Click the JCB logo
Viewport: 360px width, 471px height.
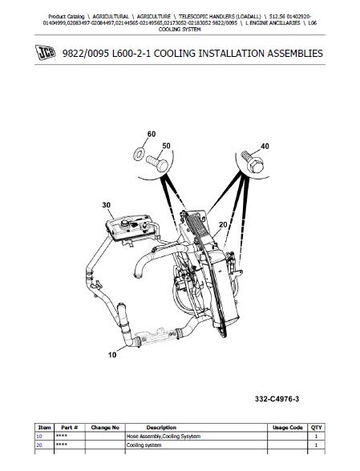click(46, 53)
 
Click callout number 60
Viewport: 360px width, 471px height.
click(152, 134)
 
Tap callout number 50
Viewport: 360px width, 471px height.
click(166, 146)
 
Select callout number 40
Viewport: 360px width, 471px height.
click(265, 147)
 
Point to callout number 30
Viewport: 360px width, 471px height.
click(106, 205)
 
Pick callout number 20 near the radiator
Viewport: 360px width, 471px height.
click(223, 224)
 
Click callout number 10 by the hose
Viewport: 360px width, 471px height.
click(112, 355)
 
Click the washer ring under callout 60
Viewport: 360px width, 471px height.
click(139, 155)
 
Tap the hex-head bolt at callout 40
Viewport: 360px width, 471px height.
click(253, 162)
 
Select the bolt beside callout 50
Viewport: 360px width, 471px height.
click(157, 163)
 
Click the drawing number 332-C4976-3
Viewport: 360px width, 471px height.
click(277, 399)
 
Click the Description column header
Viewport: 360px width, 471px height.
click(161, 428)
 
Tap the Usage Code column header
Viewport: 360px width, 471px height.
click(288, 428)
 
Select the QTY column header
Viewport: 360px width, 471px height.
click(317, 428)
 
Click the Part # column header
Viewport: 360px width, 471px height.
click(70, 428)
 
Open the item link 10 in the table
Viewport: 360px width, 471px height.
click(39, 437)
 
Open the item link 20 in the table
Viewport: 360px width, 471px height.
click(39, 445)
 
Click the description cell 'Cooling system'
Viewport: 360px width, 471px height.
click(144, 445)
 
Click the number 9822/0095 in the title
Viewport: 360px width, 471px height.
click(85, 54)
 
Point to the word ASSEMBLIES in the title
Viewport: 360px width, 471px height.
click(295, 54)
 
